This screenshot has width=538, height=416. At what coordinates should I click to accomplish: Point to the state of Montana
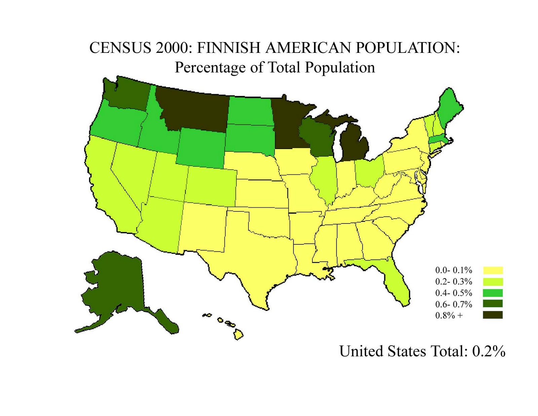[x=195, y=108]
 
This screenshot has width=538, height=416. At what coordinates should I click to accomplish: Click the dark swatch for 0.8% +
[x=493, y=315]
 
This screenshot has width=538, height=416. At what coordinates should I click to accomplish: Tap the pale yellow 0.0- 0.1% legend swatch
[x=493, y=270]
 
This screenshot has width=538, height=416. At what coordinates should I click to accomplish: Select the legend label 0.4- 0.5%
[x=454, y=293]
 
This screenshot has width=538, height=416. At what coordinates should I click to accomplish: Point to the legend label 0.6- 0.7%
[x=454, y=304]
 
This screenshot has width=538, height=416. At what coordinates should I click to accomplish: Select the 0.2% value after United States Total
[x=489, y=351]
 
